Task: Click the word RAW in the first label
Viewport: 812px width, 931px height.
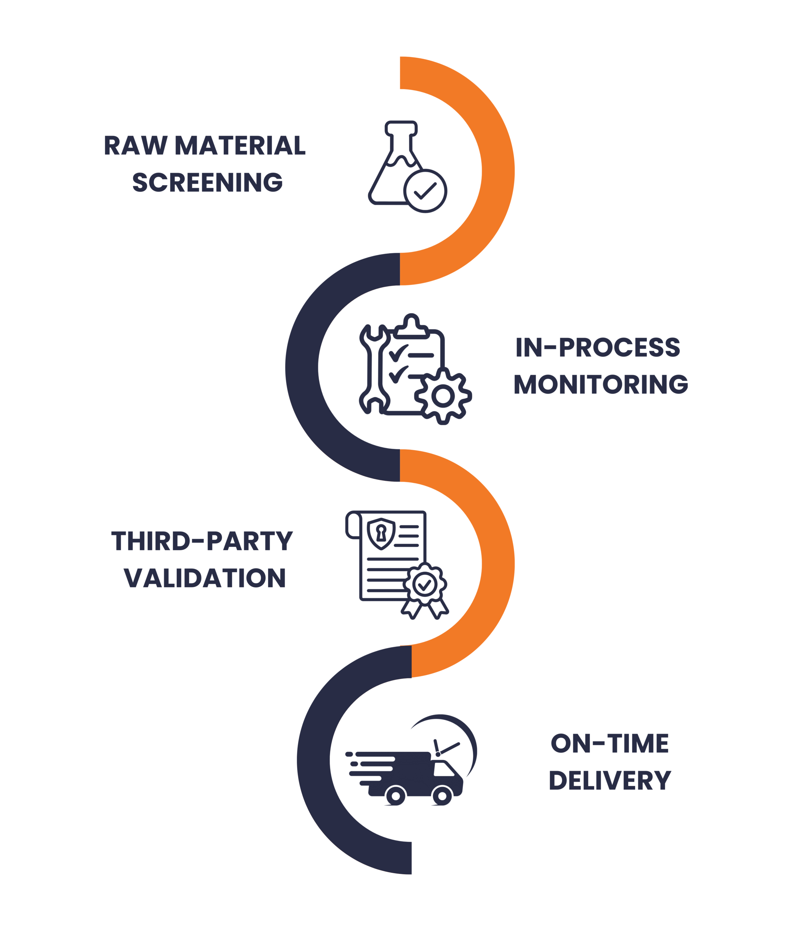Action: (135, 145)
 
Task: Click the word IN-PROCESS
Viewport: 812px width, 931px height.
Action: (598, 347)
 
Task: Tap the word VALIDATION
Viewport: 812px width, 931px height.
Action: (205, 578)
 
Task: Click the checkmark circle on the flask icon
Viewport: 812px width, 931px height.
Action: (425, 191)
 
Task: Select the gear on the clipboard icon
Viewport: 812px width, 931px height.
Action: (443, 396)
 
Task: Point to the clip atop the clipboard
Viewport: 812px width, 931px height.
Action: (411, 326)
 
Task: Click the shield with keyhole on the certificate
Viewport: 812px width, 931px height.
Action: (381, 534)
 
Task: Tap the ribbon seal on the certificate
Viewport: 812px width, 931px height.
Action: (425, 590)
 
